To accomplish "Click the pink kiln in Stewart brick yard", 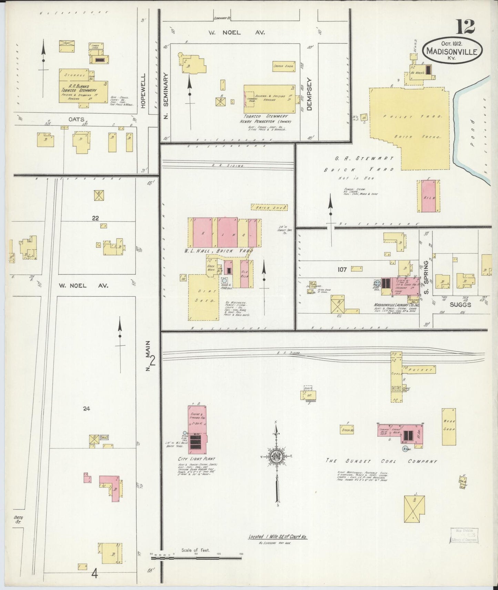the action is coord(429,196).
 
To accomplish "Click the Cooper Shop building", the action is coord(283,66).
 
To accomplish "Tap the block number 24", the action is coord(87,409).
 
